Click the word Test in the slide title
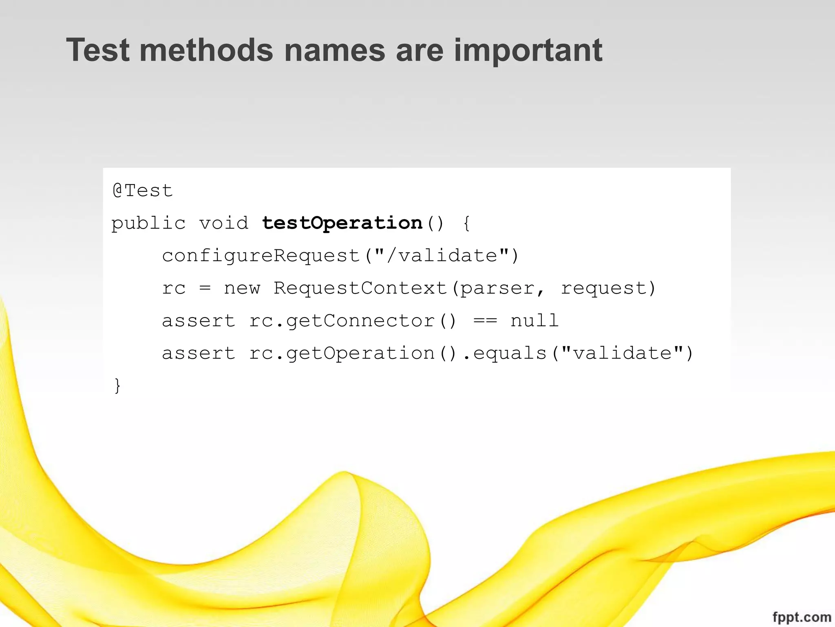(x=98, y=50)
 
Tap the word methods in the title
(x=206, y=50)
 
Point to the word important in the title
(x=528, y=50)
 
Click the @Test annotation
(x=143, y=191)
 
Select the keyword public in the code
(x=148, y=223)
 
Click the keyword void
(x=224, y=223)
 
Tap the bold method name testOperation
(x=342, y=223)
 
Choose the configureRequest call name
(x=261, y=256)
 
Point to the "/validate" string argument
(x=442, y=256)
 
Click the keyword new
(x=242, y=288)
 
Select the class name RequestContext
(x=360, y=288)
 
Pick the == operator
(x=485, y=321)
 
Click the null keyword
(x=535, y=321)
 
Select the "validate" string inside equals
(x=622, y=353)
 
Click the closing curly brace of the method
(x=117, y=386)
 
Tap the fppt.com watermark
(x=801, y=617)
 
